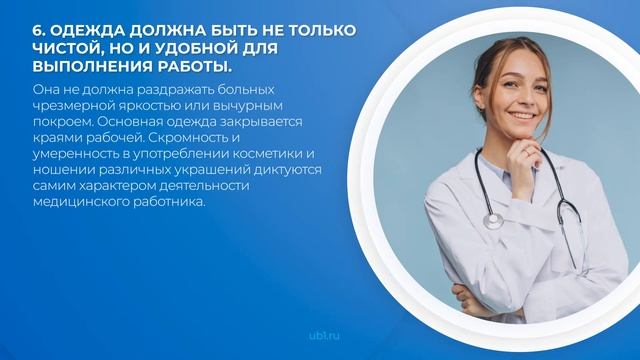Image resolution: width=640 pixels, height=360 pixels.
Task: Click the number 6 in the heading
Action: tap(38, 29)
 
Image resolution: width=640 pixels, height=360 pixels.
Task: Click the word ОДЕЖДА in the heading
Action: tap(90, 29)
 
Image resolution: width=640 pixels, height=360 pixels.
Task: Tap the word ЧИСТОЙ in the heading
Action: tap(71, 48)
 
